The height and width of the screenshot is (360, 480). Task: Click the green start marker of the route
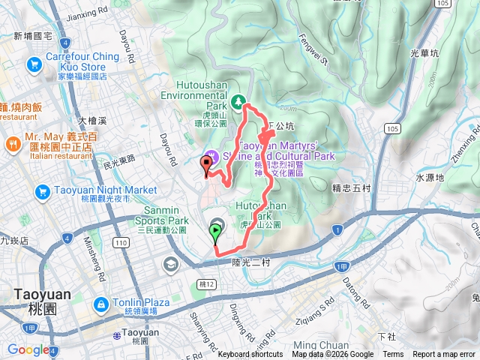click(x=216, y=232)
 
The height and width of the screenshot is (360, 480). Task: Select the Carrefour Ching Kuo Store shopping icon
click(x=34, y=65)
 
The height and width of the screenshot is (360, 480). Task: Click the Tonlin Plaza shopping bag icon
click(x=100, y=304)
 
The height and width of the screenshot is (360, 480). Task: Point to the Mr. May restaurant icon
click(x=12, y=143)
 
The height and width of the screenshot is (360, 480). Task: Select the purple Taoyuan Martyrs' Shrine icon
click(x=211, y=155)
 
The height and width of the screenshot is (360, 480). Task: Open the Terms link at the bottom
click(x=393, y=355)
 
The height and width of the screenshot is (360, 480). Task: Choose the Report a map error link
click(x=444, y=355)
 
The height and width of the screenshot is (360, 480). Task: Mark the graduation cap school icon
click(x=171, y=264)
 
